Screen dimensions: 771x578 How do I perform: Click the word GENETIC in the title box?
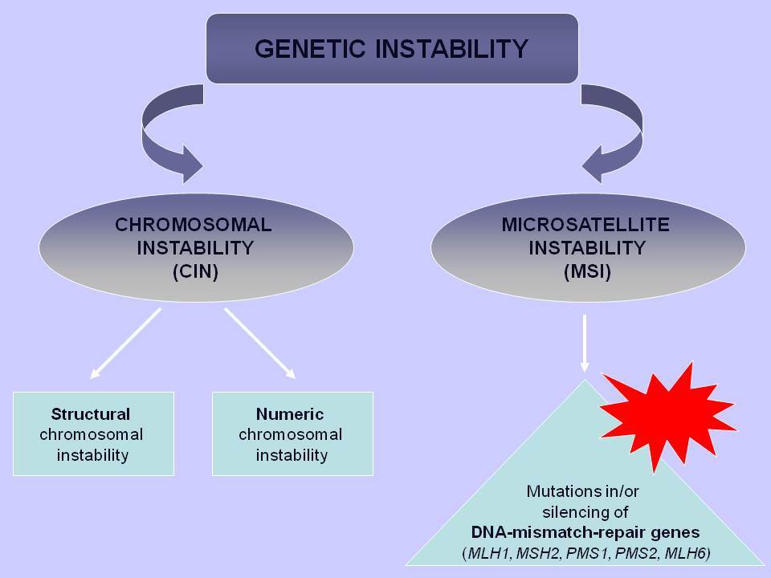click(310, 49)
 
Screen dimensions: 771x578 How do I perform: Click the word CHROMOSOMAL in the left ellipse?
click(194, 225)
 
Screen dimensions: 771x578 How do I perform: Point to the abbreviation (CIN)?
click(195, 272)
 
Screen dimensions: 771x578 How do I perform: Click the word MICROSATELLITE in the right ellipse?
click(585, 225)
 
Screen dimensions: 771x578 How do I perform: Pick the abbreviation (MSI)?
click(588, 272)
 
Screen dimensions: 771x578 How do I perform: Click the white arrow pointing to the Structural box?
click(126, 343)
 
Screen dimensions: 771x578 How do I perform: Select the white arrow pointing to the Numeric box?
click(259, 343)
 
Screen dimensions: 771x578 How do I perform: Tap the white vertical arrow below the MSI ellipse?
click(585, 344)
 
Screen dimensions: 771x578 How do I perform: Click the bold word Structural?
click(91, 414)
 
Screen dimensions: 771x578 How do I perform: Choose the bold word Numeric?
click(290, 414)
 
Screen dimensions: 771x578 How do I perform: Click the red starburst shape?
click(667, 417)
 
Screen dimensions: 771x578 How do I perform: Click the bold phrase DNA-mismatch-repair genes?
click(585, 532)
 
